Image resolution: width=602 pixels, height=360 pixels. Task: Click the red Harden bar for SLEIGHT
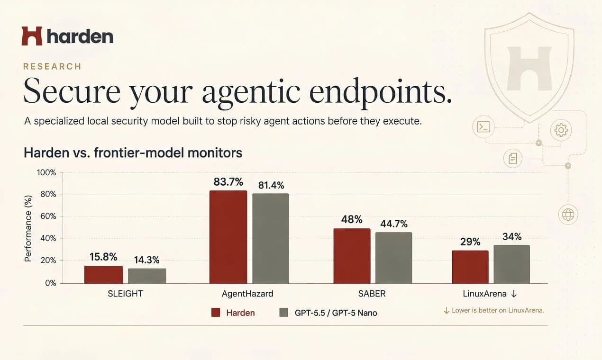tap(103, 275)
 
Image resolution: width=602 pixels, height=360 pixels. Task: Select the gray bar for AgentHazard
tap(271, 238)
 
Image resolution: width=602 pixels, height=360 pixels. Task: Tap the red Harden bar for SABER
tap(352, 256)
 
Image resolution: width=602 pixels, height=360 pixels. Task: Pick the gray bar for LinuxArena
tap(512, 264)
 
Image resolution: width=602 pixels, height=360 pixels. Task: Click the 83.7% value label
tap(228, 182)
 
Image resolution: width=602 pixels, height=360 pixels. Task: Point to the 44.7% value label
tap(394, 224)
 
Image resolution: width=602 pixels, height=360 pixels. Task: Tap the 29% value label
tap(470, 242)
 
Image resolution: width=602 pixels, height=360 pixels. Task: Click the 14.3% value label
tap(146, 260)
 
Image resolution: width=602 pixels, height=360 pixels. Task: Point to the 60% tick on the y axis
tap(48, 216)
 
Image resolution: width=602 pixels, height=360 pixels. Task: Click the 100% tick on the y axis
tap(46, 172)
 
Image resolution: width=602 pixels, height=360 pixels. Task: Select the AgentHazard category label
tap(247, 294)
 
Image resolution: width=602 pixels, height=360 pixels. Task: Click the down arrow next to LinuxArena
tap(514, 294)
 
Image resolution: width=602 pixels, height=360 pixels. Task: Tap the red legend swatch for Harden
tap(216, 313)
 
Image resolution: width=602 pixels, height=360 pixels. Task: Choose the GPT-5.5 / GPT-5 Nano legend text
tap(336, 313)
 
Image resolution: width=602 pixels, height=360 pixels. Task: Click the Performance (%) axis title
tap(28, 228)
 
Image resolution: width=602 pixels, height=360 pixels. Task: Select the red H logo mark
tap(32, 36)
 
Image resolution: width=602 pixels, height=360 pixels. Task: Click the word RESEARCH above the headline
tap(52, 66)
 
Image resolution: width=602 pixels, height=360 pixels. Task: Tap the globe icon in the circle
tap(568, 215)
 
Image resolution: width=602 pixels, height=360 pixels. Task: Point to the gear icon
tap(561, 130)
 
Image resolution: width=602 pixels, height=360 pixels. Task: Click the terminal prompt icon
tap(483, 127)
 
